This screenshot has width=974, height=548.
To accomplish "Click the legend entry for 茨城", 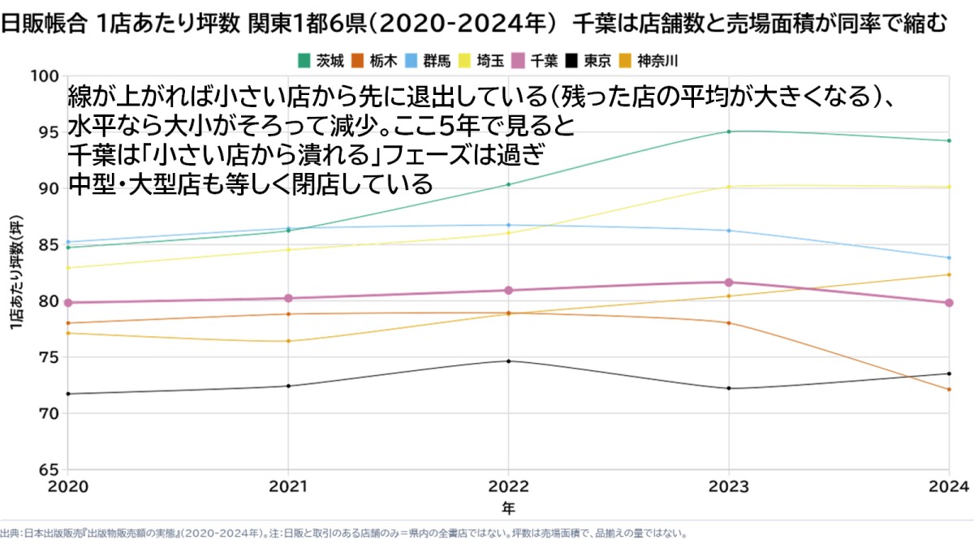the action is click(x=321, y=61).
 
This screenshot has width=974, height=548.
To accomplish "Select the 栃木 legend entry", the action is click(x=374, y=61).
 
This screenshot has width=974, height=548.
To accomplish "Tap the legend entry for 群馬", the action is click(x=428, y=61).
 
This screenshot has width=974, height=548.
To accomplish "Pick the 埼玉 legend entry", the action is click(x=481, y=61).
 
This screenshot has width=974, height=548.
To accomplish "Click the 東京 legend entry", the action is click(x=588, y=61).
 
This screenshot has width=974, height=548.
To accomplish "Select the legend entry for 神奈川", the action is click(x=648, y=61).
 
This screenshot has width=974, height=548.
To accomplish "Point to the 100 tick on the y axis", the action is click(x=44, y=76).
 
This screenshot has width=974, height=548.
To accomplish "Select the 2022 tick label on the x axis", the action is click(x=508, y=486).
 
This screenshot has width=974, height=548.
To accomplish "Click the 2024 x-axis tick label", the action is click(x=949, y=486).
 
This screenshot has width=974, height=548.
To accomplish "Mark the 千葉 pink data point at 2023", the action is click(x=729, y=283).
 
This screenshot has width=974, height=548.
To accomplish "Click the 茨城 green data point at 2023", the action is click(x=729, y=132).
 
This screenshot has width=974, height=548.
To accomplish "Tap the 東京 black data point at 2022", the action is click(x=508, y=361).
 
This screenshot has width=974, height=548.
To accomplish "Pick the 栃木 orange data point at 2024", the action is click(x=949, y=389).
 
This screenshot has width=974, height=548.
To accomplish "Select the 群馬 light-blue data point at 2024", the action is click(x=949, y=258).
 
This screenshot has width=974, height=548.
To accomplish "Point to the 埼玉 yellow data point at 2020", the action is click(x=68, y=267).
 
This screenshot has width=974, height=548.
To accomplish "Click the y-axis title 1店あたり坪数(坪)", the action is click(x=16, y=273).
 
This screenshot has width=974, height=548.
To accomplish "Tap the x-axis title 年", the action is click(x=508, y=508).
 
